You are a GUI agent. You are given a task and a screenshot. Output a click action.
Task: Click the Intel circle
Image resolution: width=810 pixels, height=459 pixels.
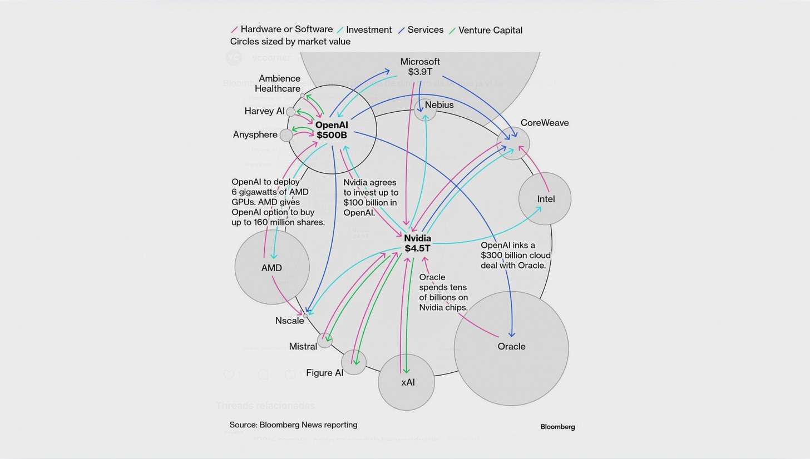pos(545,199)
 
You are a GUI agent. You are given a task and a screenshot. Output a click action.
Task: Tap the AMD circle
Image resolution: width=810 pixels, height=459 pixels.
pos(271,267)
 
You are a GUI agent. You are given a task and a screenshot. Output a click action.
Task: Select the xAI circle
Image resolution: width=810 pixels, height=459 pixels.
pos(407,382)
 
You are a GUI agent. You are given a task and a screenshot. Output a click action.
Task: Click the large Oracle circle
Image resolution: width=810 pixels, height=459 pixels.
pos(511,348)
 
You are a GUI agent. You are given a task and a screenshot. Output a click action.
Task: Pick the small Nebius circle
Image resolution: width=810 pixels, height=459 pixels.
pos(425,110)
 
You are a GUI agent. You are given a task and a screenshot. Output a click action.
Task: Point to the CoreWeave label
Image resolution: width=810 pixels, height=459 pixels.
pos(544,123)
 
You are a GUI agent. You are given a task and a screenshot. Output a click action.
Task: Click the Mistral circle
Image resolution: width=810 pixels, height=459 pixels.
pos(324,340)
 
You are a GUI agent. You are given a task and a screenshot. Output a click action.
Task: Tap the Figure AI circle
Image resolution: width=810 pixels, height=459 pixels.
pos(354,362)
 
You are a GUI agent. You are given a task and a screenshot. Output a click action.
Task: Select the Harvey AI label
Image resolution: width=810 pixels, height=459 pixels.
pos(264,111)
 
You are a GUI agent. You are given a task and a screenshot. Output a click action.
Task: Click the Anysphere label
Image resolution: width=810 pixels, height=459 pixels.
pos(255,134)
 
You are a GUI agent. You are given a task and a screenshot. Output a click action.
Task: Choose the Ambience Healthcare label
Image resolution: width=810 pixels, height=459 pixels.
pos(278,83)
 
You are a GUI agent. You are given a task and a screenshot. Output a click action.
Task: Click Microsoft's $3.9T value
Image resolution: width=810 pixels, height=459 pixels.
pos(419,72)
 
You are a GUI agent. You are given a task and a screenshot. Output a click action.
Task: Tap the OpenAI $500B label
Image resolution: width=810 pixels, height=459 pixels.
pos(332,130)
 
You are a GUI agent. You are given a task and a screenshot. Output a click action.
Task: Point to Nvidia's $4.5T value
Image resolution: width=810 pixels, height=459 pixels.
pos(417,248)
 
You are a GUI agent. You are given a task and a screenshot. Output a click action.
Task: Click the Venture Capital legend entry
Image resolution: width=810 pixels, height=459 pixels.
pos(490,30)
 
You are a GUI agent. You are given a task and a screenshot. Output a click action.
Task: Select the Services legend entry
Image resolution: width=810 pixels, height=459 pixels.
pos(425,30)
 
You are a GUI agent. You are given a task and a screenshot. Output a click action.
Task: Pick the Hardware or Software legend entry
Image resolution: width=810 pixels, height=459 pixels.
pos(286,29)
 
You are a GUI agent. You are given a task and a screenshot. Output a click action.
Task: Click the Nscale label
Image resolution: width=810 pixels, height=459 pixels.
pos(289,321)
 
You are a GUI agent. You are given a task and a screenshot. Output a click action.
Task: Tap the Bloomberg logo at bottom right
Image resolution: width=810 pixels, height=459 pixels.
pos(557,427)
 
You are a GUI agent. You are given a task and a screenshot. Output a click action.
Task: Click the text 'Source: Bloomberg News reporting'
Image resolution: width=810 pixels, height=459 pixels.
pos(293,425)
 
